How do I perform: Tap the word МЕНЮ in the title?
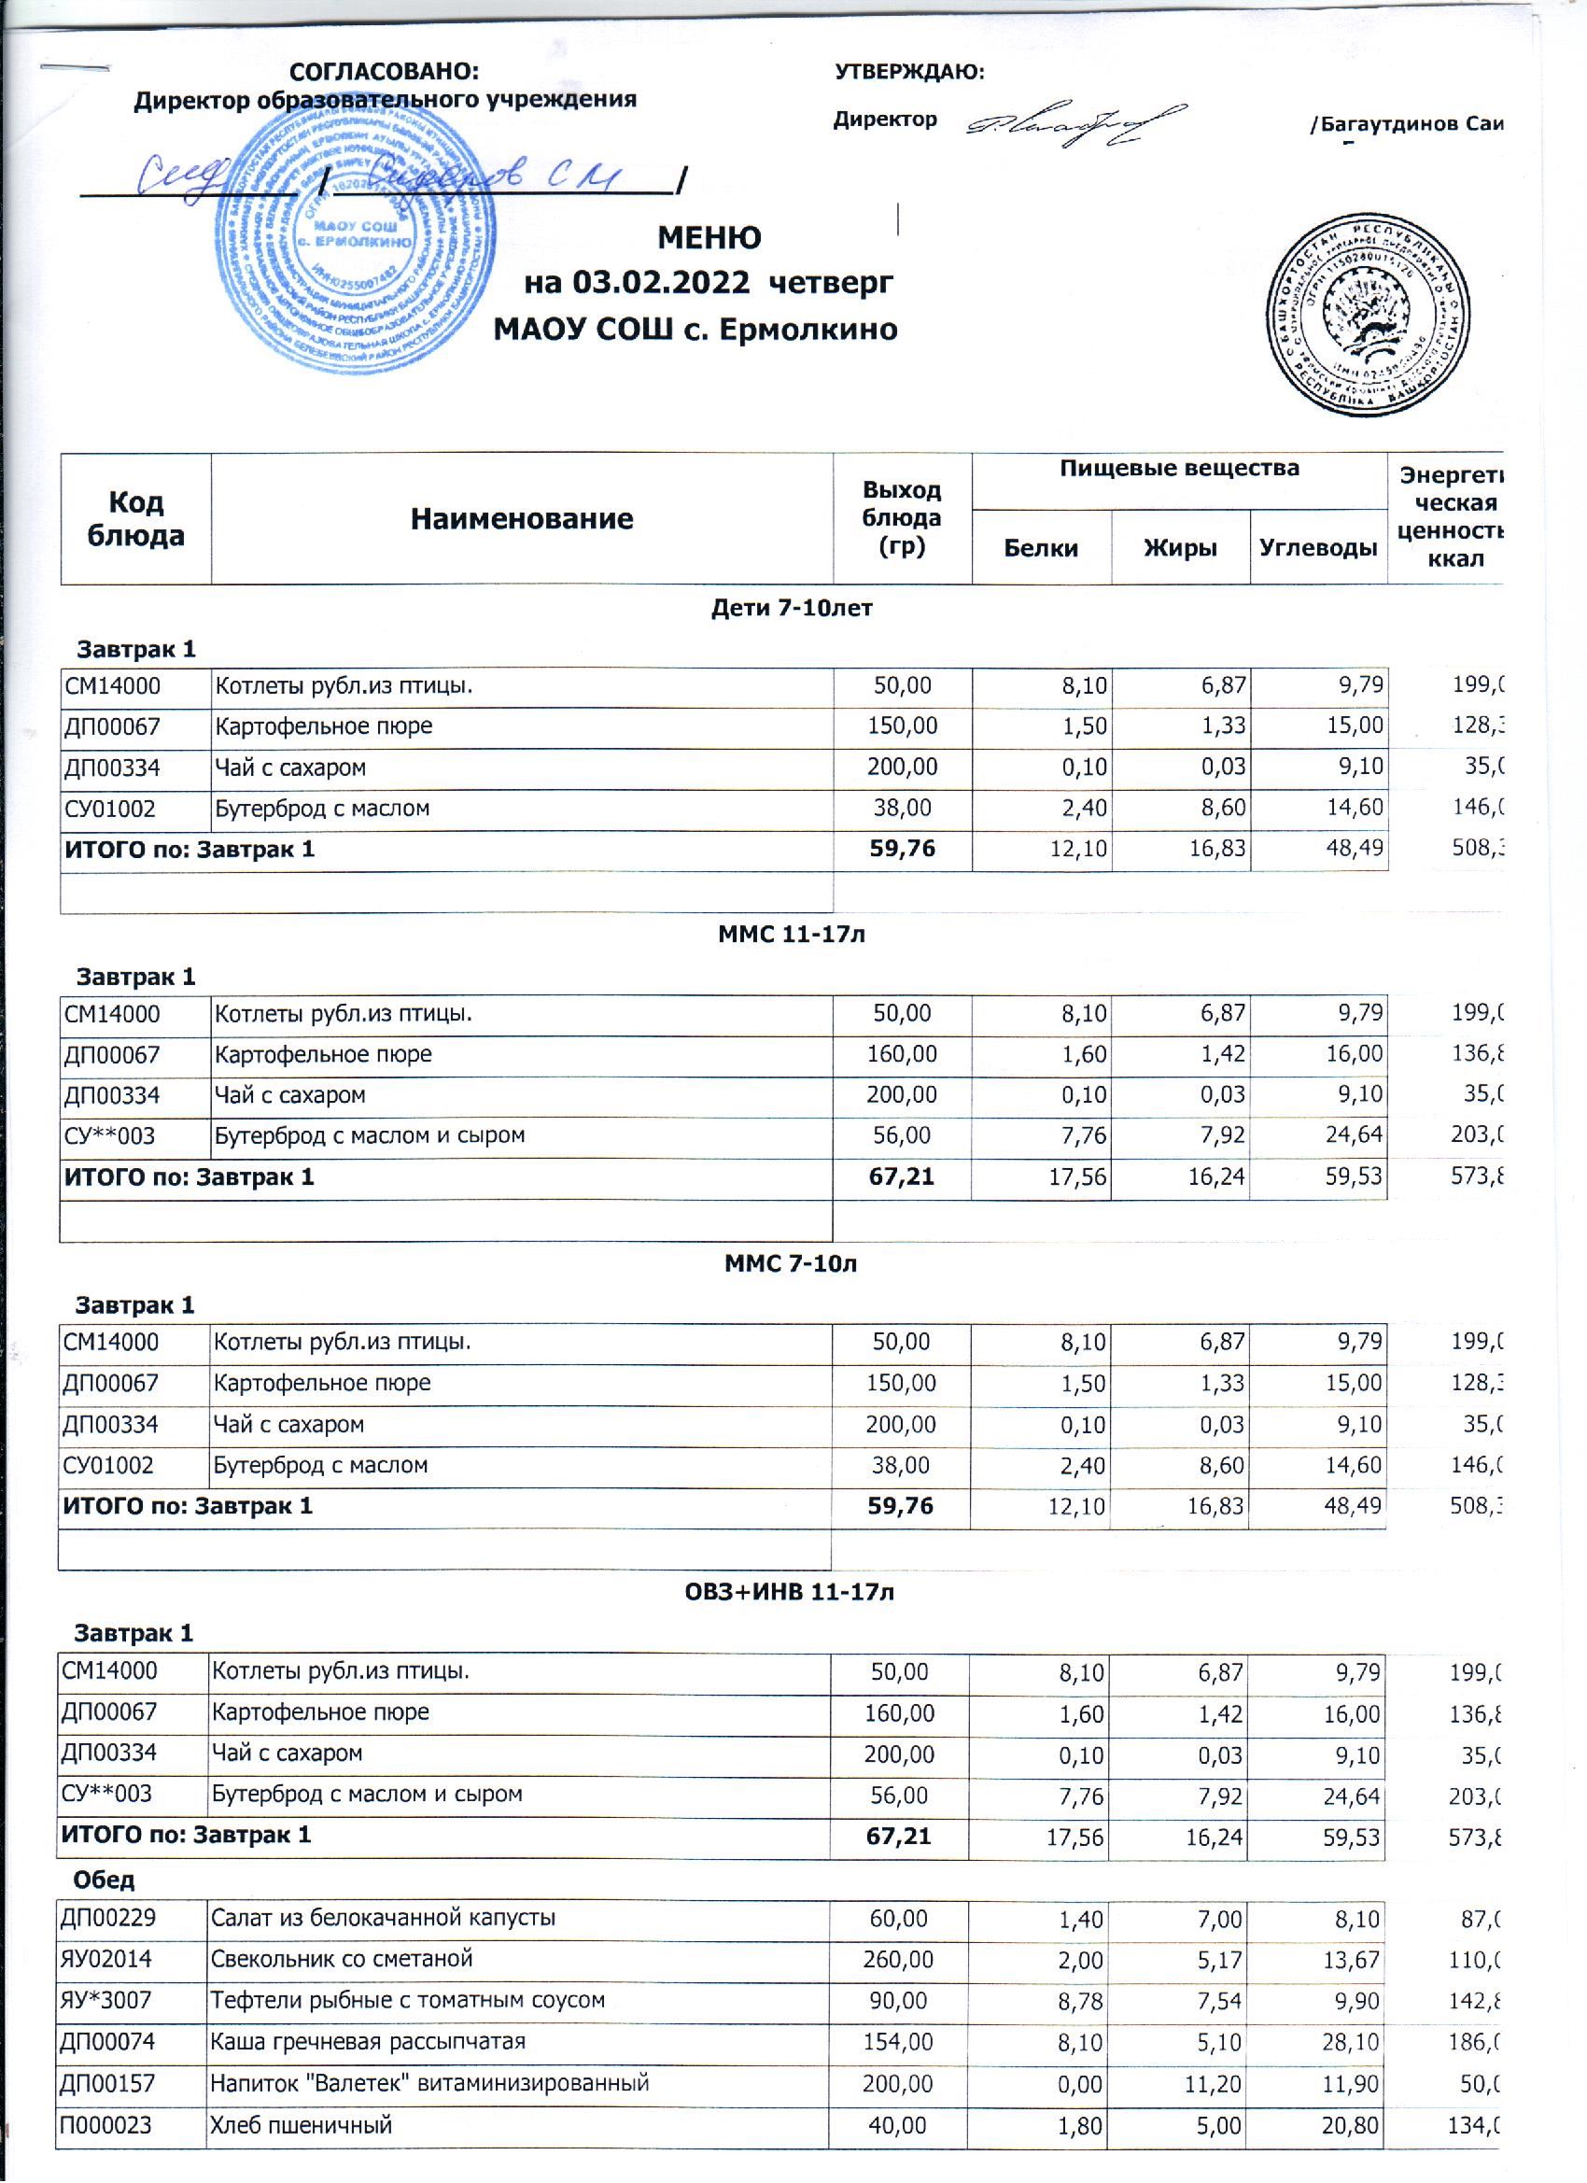pos(709,238)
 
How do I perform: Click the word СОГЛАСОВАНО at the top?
pos(384,72)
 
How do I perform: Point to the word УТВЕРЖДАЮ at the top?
pos(908,72)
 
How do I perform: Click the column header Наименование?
pos(522,519)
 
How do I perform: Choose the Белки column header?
pos(1040,548)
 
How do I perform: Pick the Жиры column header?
pos(1180,548)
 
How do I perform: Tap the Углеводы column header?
pos(1318,548)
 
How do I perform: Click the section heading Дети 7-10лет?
pos(791,609)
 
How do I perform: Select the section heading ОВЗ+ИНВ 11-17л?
pos(789,1592)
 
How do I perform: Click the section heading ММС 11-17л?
pos(791,934)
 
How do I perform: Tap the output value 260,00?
pos(899,1960)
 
